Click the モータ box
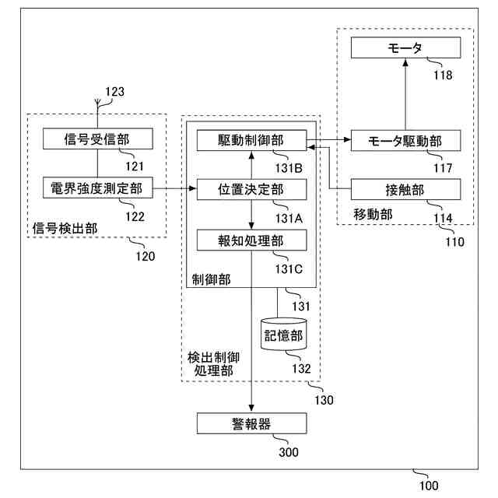click(x=405, y=47)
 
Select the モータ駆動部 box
click(x=405, y=140)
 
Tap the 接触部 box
click(x=405, y=189)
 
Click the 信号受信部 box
click(x=98, y=139)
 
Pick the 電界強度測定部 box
click(x=98, y=188)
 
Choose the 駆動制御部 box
click(x=251, y=140)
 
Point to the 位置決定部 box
click(x=251, y=189)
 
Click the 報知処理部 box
click(x=251, y=240)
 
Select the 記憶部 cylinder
click(x=283, y=335)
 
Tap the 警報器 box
click(x=251, y=423)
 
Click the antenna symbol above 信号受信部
click(x=97, y=102)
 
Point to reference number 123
click(x=114, y=92)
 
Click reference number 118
click(x=443, y=75)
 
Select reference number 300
click(x=289, y=452)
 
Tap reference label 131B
click(x=289, y=168)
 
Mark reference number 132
click(x=301, y=368)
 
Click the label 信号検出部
click(x=65, y=228)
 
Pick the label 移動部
click(x=373, y=215)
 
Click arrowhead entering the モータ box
click(x=405, y=62)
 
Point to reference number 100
click(x=429, y=486)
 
